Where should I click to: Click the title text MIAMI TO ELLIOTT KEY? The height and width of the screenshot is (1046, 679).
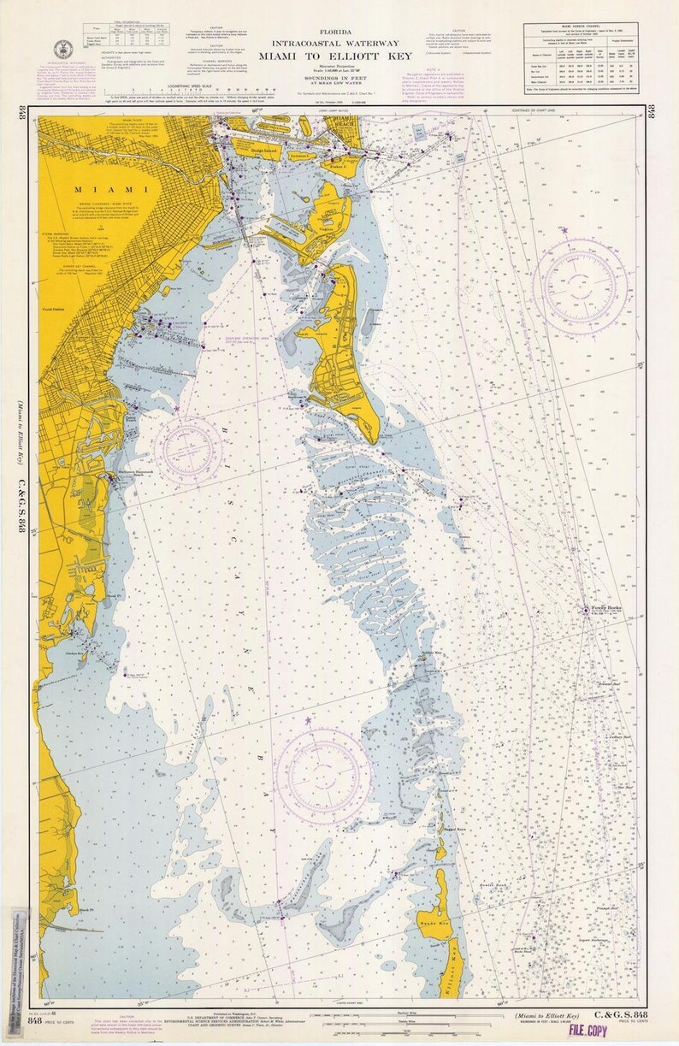tap(341, 56)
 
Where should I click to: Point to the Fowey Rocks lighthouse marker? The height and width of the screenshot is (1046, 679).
tap(586, 610)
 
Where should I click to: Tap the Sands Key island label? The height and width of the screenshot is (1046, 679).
tap(434, 925)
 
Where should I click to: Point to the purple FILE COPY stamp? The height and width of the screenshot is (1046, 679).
tap(587, 1030)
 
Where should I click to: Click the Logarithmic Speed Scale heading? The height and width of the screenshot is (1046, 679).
tap(226, 86)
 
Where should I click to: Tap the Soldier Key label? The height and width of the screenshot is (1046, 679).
tap(431, 653)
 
